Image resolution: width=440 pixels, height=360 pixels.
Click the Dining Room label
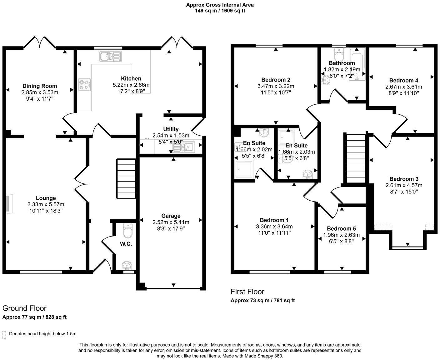40,86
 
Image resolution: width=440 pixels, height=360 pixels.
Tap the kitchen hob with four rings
85,84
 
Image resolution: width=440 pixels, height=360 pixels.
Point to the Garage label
171,216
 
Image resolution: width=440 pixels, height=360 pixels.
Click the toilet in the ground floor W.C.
128,231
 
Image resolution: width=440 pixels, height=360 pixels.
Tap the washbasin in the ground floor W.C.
127,266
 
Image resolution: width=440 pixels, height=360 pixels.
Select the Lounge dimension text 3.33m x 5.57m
46,204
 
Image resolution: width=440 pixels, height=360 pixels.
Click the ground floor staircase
126,178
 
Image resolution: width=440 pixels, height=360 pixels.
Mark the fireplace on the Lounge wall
9,204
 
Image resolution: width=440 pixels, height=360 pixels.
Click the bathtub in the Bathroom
357,64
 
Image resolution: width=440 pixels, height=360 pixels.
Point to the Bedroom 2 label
276,80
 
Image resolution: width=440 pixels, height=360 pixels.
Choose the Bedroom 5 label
341,229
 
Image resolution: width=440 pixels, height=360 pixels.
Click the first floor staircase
356,158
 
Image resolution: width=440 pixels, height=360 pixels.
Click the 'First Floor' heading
247,292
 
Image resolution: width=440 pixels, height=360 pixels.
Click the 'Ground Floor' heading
24,308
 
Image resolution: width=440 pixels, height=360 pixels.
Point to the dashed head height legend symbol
4,335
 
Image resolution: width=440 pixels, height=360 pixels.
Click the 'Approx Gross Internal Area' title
220,5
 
